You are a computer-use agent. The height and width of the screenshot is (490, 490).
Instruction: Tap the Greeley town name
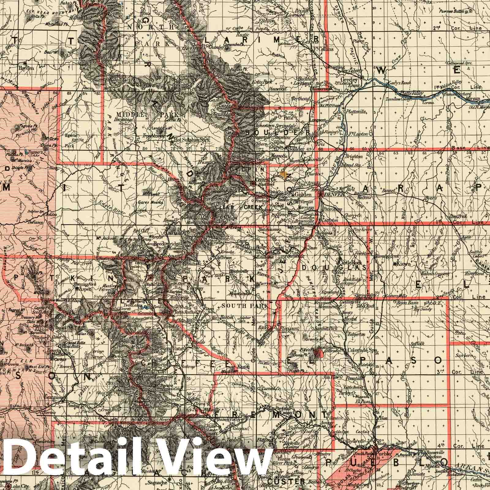pos(351,80)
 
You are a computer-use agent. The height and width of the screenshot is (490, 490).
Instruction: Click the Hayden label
pos(26,68)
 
